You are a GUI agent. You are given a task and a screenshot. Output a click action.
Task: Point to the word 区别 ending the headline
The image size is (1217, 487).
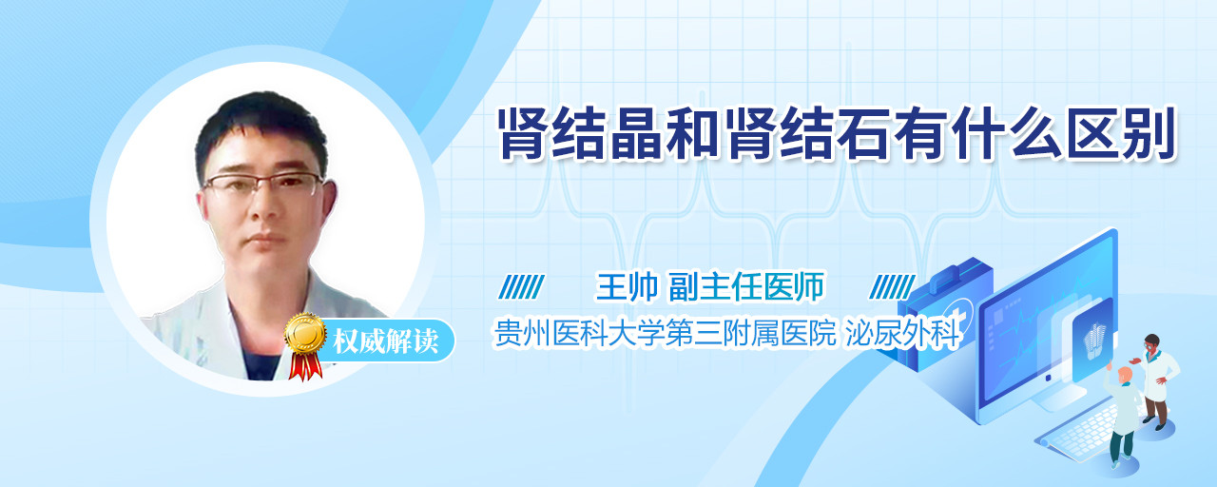1120,134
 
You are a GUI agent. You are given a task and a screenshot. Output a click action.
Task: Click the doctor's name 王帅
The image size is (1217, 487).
627,286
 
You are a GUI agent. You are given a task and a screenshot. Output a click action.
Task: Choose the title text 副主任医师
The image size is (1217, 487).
746,286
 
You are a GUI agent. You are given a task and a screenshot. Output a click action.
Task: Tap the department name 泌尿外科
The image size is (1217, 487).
903,333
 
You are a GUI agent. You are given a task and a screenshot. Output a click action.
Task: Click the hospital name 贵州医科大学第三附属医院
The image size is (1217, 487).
665,333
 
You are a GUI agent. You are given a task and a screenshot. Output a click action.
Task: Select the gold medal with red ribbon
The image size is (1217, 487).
305,345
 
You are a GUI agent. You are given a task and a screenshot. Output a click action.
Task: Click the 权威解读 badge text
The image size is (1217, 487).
386,341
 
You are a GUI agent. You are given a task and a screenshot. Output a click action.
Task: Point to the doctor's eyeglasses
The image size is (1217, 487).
264,184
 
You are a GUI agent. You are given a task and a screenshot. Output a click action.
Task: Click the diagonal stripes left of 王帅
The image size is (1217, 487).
522,287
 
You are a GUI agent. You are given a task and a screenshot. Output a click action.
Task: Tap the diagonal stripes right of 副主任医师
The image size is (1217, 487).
892,287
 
